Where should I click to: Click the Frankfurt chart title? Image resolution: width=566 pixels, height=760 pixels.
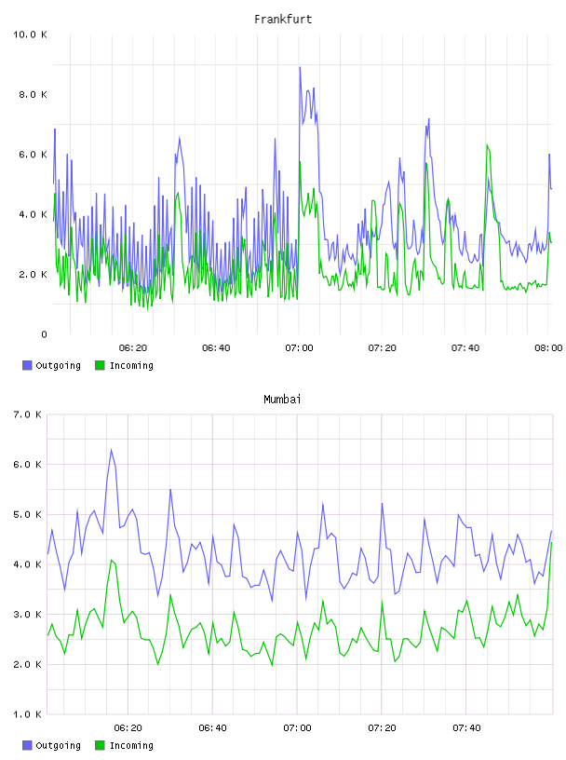tap(283, 20)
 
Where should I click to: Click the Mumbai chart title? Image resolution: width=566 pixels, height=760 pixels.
tap(282, 400)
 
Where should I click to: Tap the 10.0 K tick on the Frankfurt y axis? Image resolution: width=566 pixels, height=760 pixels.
tap(30, 34)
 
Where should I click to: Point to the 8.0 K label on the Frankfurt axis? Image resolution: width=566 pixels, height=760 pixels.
tap(33, 94)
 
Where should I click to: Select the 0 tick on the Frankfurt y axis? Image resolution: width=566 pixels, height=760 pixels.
tap(44, 334)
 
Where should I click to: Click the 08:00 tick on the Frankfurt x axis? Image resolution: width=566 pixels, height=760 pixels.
tap(548, 348)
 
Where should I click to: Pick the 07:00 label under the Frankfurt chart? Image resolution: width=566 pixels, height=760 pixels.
tap(299, 348)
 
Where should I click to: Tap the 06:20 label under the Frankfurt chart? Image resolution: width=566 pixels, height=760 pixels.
tap(133, 348)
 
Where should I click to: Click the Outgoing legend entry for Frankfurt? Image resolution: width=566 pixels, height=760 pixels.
tap(51, 365)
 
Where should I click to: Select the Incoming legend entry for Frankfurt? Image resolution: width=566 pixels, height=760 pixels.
tap(124, 365)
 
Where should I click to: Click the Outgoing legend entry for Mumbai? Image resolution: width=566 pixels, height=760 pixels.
tap(51, 745)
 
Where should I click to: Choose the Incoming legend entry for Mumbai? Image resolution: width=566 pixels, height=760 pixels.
tap(124, 745)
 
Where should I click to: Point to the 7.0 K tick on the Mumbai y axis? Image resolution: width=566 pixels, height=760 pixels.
tap(28, 414)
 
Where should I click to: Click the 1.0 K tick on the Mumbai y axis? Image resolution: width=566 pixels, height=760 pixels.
tap(28, 714)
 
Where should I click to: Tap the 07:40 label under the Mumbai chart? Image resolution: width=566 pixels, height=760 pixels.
tap(466, 728)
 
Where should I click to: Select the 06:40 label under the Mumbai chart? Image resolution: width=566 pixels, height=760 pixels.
tap(212, 728)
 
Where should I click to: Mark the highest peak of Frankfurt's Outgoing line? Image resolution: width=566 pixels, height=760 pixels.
tap(300, 67)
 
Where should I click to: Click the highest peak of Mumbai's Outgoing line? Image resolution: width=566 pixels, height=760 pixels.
tap(112, 449)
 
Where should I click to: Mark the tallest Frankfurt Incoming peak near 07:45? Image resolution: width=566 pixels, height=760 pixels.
tap(487, 144)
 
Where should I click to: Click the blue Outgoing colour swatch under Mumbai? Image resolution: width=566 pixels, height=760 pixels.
tap(27, 745)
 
